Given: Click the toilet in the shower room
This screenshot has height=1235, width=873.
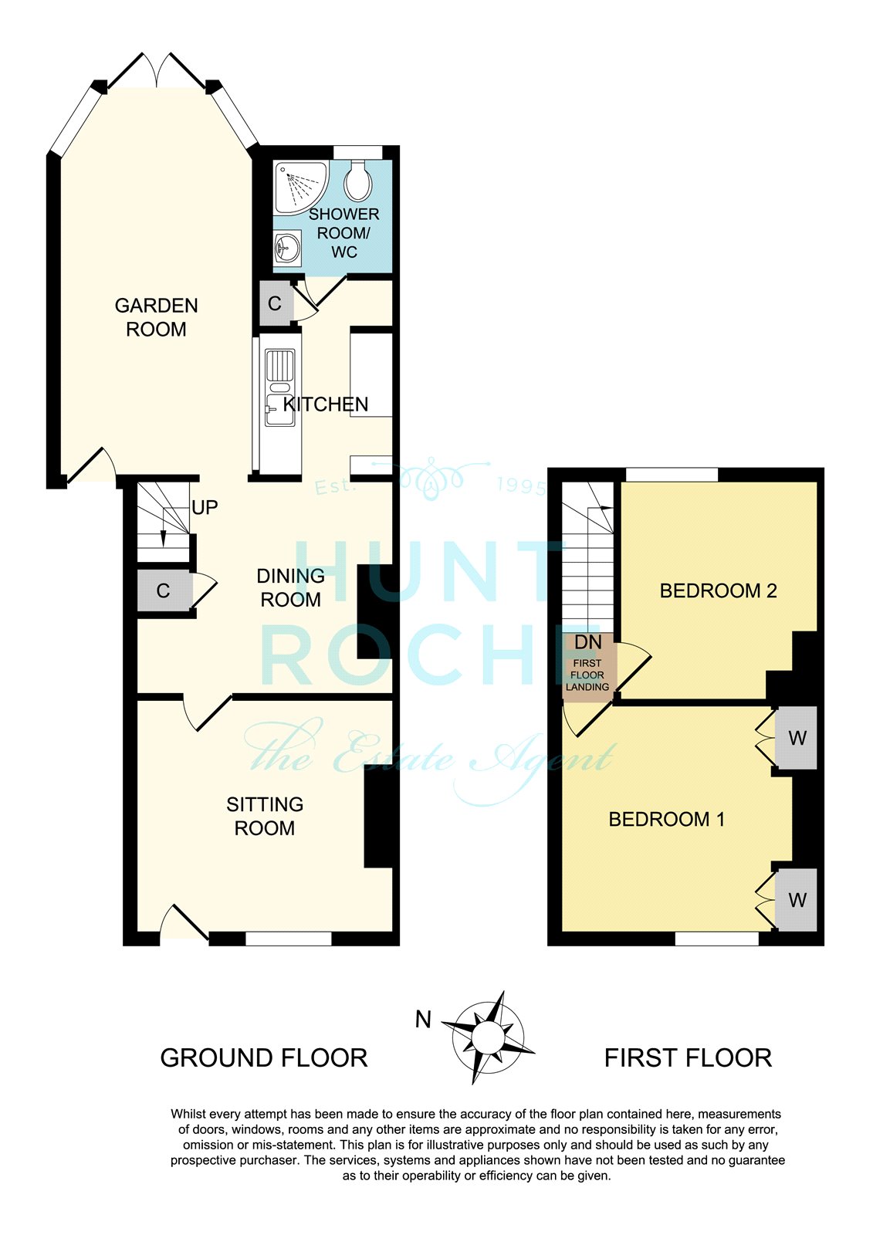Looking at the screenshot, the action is point(357,181).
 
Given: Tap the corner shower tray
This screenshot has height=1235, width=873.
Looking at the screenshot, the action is point(300,188).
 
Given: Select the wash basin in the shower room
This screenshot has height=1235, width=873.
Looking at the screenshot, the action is point(287,248).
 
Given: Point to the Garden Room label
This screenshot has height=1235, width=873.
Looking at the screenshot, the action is point(156,317).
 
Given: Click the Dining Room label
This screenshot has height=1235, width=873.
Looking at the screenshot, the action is point(291,587).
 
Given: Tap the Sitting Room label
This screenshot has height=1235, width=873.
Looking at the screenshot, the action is point(265,816).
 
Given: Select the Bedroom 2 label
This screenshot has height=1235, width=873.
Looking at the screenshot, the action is point(718,590).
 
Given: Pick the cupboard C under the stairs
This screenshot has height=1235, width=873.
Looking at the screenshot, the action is point(163,590).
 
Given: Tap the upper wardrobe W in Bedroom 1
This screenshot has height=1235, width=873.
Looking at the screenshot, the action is point(796,737).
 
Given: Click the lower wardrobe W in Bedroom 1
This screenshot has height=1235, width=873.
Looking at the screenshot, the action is point(796,900).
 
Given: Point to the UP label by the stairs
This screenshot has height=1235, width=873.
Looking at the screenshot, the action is point(205,507).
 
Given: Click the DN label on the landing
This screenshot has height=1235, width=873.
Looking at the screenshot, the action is point(588,641).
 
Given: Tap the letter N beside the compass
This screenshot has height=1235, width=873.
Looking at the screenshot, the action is point(423,1020).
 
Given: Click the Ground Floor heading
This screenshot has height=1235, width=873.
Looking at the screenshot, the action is point(264,1058).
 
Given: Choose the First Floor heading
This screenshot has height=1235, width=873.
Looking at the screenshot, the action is point(688,1058).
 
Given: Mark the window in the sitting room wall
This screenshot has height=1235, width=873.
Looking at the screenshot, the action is point(289,939).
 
